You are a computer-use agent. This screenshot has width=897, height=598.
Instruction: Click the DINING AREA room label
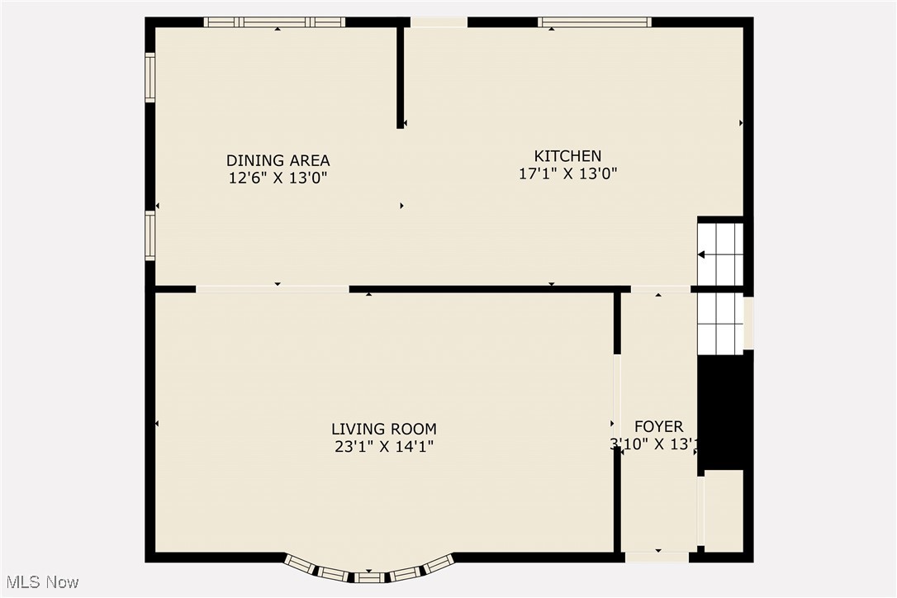tap(278, 160)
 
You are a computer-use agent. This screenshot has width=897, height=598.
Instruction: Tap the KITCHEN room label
tap(567, 155)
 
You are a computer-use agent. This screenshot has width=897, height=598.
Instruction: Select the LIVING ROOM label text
tap(383, 429)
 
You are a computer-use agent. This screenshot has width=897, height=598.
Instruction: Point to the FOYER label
tap(658, 426)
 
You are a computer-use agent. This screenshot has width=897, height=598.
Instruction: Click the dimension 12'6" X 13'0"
tap(278, 178)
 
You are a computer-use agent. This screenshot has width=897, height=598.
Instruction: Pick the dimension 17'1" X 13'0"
tap(567, 173)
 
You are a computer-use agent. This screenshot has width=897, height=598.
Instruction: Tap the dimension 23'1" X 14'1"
tap(383, 447)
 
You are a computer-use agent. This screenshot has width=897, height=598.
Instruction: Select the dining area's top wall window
tap(274, 22)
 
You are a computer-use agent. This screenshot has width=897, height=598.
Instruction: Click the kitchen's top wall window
tap(595, 22)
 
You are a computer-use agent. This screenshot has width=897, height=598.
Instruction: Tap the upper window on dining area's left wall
tap(149, 77)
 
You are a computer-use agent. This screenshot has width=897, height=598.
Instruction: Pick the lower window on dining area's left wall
tap(149, 235)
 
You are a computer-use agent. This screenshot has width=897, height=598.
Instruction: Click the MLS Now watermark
tap(40, 582)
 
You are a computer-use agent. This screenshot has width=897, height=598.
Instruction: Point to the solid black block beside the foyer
tap(721, 411)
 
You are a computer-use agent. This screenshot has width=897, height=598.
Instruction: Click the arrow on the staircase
tap(701, 255)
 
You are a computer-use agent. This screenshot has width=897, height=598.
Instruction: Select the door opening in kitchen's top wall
tap(439, 22)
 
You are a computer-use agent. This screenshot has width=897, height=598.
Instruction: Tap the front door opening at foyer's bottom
tap(657, 558)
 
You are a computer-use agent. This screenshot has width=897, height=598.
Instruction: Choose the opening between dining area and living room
tap(273, 289)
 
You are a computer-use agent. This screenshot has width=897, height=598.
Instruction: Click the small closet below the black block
tap(724, 510)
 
